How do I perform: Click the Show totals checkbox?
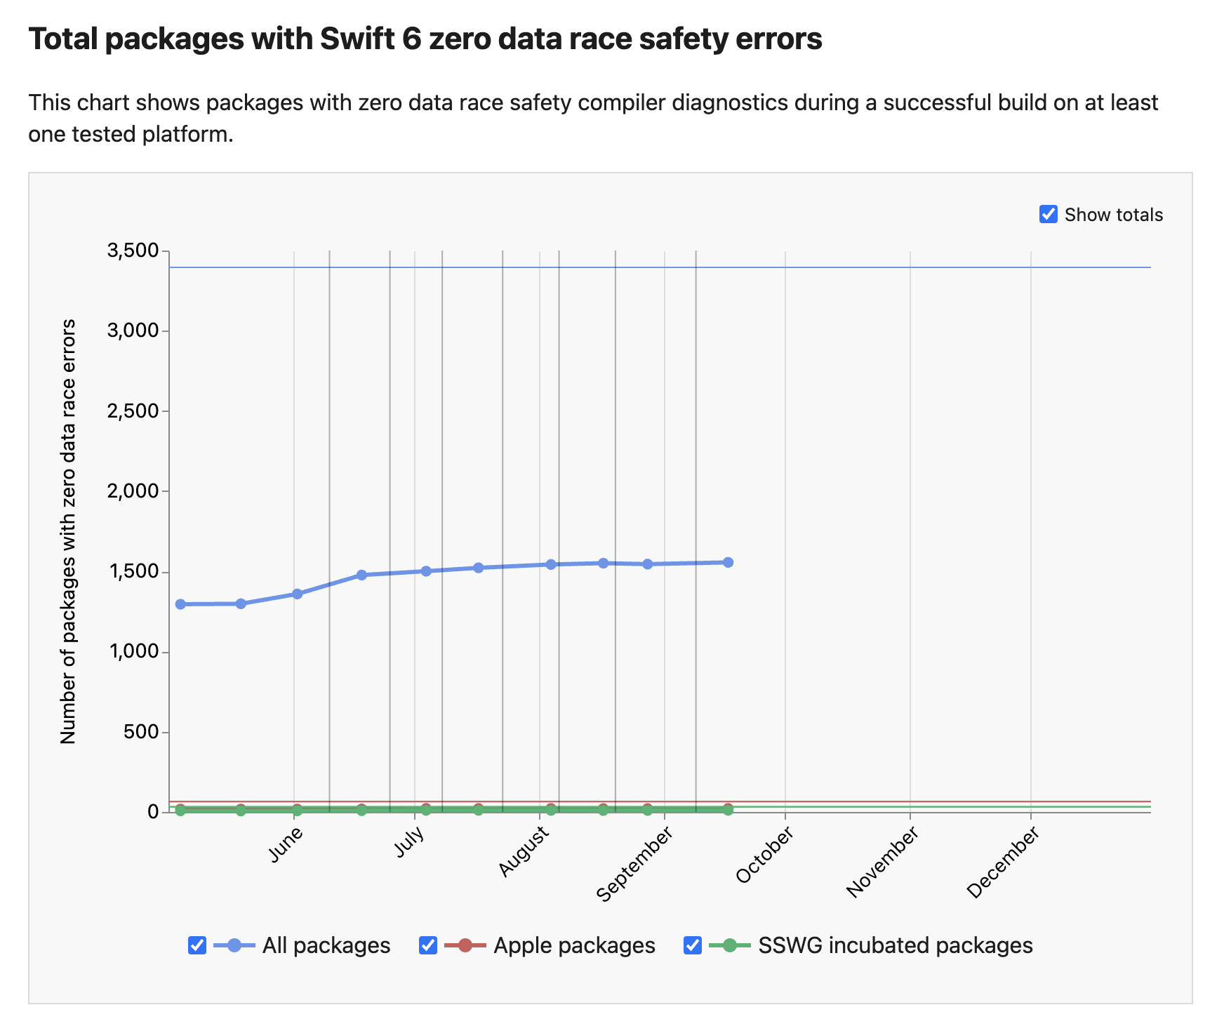(x=1048, y=214)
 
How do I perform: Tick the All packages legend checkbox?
(x=197, y=945)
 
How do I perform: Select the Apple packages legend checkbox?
(x=428, y=945)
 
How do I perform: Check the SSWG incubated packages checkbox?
(x=693, y=945)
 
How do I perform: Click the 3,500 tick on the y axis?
(x=133, y=251)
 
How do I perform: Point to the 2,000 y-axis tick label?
(x=133, y=491)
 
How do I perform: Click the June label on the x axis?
(x=286, y=844)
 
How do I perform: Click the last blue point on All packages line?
(x=728, y=562)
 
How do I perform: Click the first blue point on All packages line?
(x=180, y=604)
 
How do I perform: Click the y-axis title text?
(x=68, y=531)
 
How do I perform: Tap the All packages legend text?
(x=326, y=945)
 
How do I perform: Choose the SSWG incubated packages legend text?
(x=896, y=945)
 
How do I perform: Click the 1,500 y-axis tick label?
(x=133, y=571)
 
